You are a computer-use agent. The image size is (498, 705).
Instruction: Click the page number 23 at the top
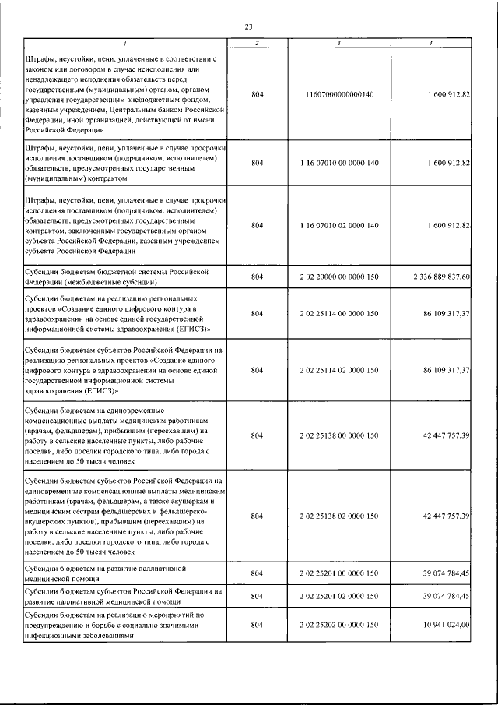pyautogui.click(x=249, y=26)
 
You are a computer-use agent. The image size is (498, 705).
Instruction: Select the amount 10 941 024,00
pyautogui.click(x=446, y=625)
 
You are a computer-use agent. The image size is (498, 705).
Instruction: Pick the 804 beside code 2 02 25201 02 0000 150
pyautogui.click(x=258, y=596)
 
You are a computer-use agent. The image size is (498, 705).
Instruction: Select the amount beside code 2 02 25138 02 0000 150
pyautogui.click(x=446, y=516)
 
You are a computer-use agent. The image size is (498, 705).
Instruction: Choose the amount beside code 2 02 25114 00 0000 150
pyautogui.click(x=446, y=313)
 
